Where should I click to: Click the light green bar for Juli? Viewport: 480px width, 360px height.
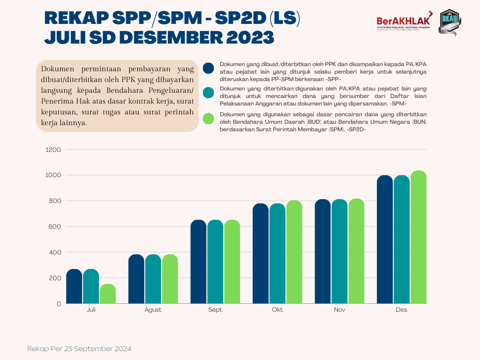tap(108, 294)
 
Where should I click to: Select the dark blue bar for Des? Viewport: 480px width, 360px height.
tap(385, 240)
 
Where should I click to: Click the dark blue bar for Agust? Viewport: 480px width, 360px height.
tap(136, 279)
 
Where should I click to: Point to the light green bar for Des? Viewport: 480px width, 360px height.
tap(419, 237)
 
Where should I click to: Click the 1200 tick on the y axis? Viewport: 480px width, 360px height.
tap(53, 150)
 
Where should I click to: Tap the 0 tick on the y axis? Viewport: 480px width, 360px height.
tap(59, 304)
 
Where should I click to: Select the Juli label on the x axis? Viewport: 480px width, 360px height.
tap(91, 310)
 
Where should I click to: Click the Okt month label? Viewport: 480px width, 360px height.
tap(277, 310)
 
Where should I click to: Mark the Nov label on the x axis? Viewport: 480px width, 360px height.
tap(339, 310)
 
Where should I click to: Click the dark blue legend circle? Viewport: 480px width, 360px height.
tap(209, 68)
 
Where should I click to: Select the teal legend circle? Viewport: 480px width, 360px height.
tap(209, 93)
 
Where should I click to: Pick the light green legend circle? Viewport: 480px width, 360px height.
tap(209, 119)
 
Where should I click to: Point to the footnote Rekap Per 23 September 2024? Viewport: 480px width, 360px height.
tap(79, 349)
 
